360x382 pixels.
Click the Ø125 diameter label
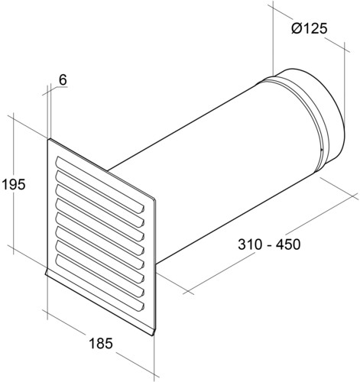pos(309,28)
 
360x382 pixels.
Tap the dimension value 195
pos(14,184)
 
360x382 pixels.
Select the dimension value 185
pos(101,343)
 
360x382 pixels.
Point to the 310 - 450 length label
pos(269,244)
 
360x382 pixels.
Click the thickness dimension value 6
pos(63,79)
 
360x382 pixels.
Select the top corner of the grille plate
pos(49,139)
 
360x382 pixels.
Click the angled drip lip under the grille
pos(100,303)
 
